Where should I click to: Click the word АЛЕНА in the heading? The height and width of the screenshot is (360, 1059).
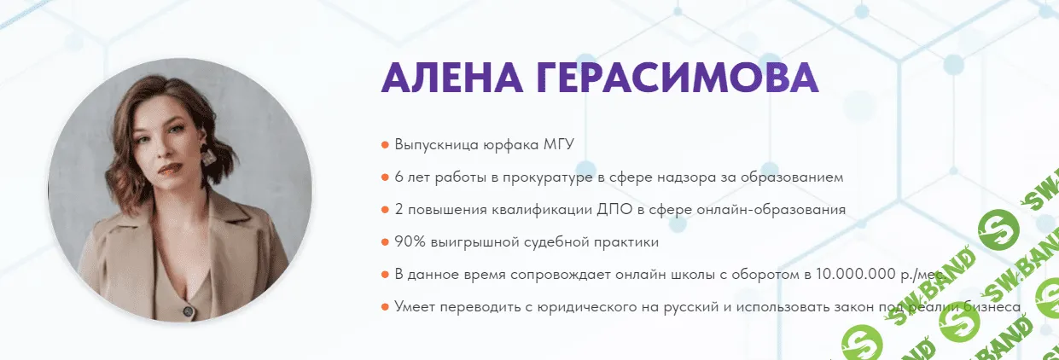pyautogui.click(x=451, y=79)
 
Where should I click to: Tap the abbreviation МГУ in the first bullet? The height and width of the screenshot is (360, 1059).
pyautogui.click(x=559, y=144)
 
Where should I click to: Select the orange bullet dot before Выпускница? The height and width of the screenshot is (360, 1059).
pyautogui.click(x=386, y=145)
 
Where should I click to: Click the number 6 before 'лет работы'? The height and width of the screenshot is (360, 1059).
pyautogui.click(x=399, y=177)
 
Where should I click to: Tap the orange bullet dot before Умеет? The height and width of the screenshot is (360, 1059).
pyautogui.click(x=386, y=307)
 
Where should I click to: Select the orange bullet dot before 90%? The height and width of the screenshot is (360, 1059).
pyautogui.click(x=386, y=242)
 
